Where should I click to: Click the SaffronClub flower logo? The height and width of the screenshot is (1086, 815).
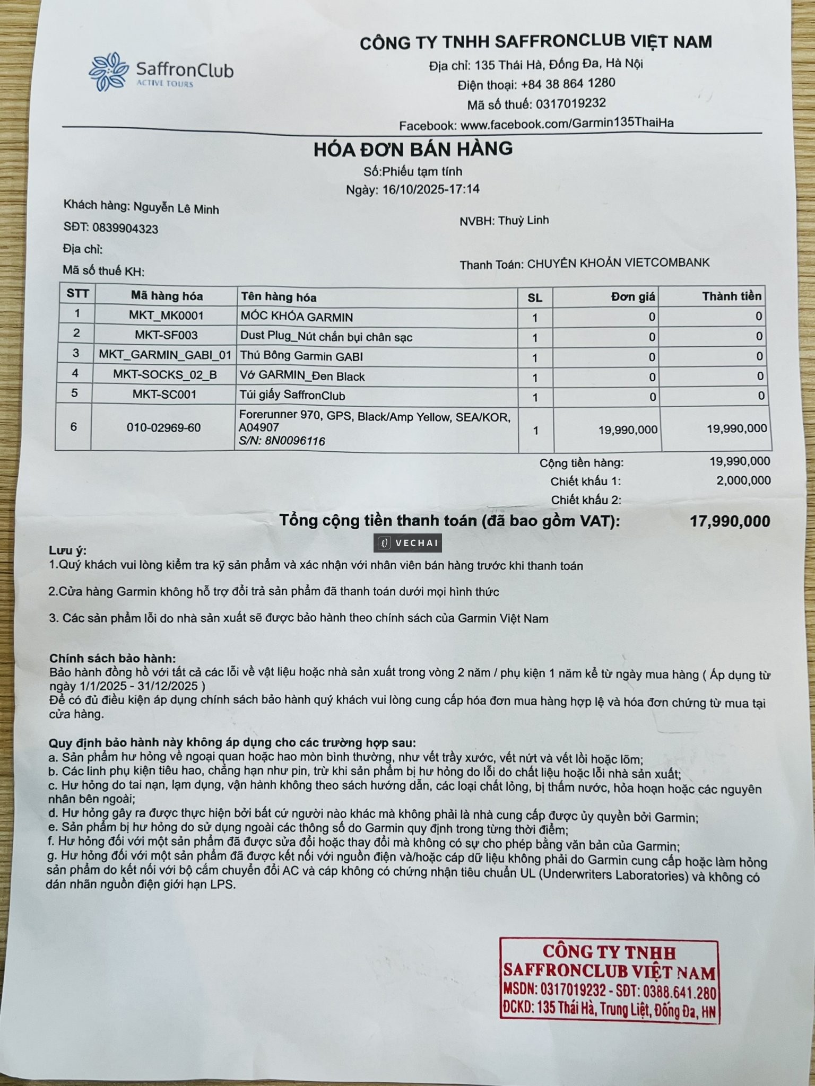click(x=108, y=72)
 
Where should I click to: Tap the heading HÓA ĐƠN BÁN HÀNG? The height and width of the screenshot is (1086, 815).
click(x=413, y=149)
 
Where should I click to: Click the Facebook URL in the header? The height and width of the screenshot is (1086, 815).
click(x=567, y=124)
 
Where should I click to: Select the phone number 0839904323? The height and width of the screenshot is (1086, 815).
click(x=125, y=228)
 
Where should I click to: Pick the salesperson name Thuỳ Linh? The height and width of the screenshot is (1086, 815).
click(x=523, y=220)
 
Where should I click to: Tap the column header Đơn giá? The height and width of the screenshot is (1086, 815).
click(x=632, y=296)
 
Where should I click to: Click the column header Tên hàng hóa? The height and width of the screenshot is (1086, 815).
click(x=279, y=296)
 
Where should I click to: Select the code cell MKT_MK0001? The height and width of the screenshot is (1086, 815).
click(x=166, y=316)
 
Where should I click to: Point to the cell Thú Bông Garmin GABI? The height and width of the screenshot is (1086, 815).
click(x=301, y=356)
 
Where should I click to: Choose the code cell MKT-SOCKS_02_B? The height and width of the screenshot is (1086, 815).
click(x=165, y=375)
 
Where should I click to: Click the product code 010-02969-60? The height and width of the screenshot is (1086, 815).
click(x=163, y=427)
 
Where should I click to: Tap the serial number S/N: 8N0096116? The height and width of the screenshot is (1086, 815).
click(x=282, y=441)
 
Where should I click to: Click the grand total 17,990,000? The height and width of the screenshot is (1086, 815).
click(x=730, y=521)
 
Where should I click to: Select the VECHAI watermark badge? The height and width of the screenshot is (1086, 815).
click(x=408, y=543)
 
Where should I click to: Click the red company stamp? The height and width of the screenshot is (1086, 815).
click(x=609, y=980)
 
